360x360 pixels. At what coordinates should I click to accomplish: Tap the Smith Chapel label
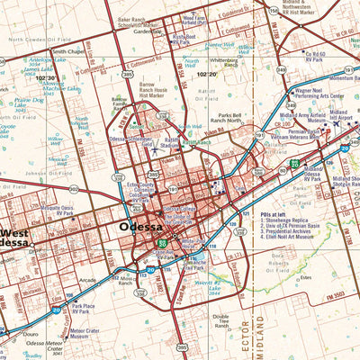[70, 51]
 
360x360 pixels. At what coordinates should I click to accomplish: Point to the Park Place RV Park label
[84, 309]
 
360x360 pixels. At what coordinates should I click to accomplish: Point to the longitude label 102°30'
[45, 78]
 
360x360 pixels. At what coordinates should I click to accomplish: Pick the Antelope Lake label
[41, 62]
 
